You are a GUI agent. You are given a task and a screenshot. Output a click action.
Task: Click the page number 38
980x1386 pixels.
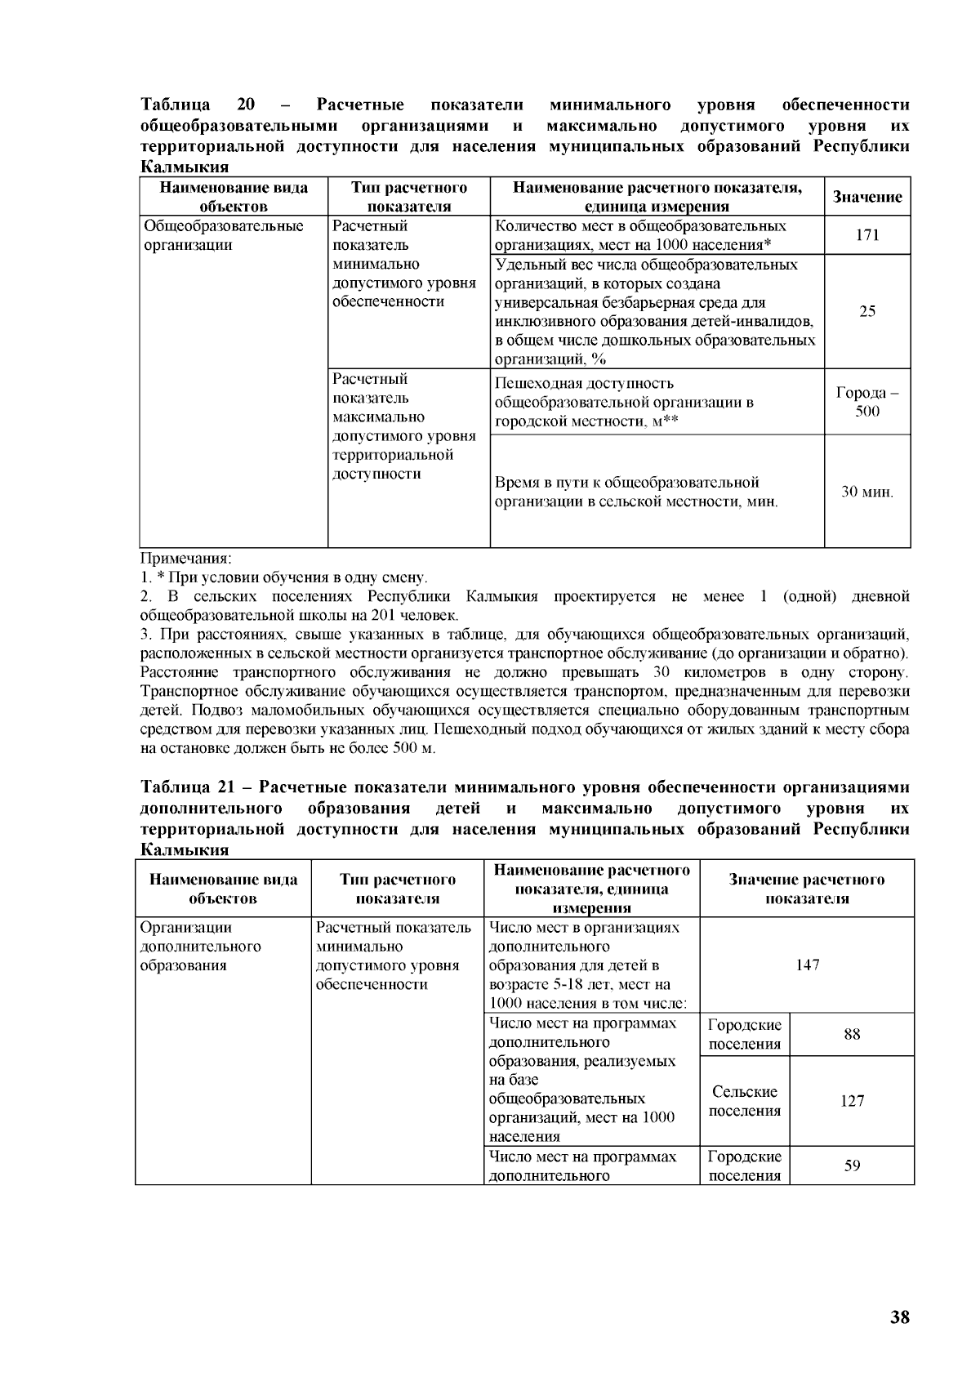tap(899, 1317)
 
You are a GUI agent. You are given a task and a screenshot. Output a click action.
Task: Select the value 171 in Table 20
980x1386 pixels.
tap(867, 235)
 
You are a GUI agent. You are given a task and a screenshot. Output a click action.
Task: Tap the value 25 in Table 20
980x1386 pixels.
tap(867, 311)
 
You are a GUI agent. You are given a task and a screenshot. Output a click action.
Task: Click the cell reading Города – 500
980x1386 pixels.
tap(867, 401)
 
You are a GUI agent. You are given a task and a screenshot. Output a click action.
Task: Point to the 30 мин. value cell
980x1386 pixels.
tap(867, 492)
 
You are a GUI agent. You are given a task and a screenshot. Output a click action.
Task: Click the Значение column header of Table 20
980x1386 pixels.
tap(867, 197)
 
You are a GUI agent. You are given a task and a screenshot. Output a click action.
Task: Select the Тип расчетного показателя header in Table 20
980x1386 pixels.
tap(408, 197)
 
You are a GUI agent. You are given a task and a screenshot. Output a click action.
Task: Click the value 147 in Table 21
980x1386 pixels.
tap(807, 965)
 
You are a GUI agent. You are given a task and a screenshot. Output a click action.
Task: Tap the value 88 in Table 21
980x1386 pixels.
tap(852, 1034)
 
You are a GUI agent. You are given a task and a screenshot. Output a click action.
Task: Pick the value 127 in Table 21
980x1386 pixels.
tap(852, 1100)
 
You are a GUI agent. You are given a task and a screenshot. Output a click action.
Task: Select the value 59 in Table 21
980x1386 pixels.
tap(852, 1165)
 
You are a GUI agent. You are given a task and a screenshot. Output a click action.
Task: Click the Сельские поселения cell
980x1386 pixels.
tap(744, 1100)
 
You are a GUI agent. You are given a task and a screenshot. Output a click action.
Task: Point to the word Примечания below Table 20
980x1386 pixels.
tap(186, 559)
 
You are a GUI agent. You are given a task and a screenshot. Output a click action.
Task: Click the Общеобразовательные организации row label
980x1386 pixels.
tap(223, 235)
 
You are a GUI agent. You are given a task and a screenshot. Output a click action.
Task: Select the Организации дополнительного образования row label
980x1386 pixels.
tap(200, 946)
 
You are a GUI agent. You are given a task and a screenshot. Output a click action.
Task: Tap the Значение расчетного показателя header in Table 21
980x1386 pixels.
tap(806, 889)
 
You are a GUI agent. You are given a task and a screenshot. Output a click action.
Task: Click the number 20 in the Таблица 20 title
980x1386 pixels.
tap(246, 105)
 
